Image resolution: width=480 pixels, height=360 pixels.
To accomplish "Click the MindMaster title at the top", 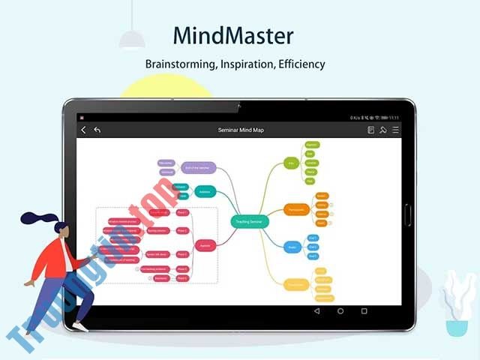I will (232, 36).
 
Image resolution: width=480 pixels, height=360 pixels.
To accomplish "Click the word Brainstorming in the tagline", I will (181, 64).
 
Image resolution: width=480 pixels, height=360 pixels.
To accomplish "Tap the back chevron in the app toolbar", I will (83, 130).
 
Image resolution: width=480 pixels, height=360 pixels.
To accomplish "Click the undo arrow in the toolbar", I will (97, 130).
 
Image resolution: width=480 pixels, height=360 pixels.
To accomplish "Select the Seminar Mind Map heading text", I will (241, 130).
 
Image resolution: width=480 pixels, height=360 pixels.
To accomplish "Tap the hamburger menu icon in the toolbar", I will (395, 130).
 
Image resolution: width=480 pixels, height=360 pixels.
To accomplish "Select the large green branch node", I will (292, 162).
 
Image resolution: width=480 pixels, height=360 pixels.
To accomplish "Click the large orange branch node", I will (295, 209).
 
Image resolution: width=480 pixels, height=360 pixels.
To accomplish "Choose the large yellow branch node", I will (295, 283).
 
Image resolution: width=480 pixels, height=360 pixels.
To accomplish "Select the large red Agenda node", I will (205, 245).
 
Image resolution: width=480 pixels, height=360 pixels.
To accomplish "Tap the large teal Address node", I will (205, 191).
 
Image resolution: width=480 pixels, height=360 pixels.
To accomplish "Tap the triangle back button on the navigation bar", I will (316, 310).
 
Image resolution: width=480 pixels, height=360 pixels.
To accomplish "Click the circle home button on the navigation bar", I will (340, 310).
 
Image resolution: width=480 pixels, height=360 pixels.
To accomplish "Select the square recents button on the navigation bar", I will (364, 310).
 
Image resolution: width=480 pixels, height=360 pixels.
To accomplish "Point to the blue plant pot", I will (454, 328).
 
